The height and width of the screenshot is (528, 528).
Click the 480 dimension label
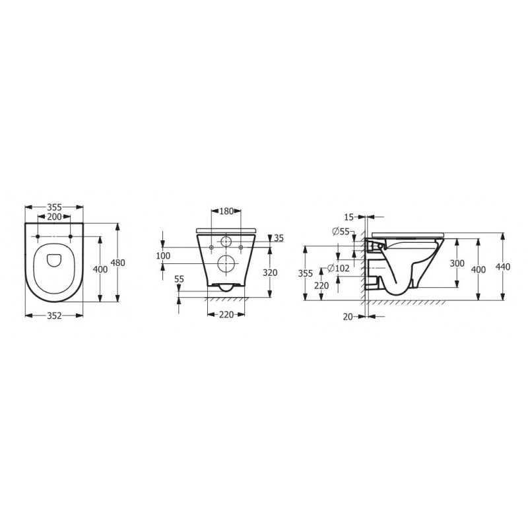click(x=117, y=262)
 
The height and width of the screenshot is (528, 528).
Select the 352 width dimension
click(x=54, y=315)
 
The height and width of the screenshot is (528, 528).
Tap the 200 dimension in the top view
click(x=54, y=217)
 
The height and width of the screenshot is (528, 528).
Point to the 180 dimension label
click(x=226, y=212)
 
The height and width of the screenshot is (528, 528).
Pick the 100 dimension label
click(x=162, y=255)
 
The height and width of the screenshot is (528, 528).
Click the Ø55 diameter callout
click(x=341, y=231)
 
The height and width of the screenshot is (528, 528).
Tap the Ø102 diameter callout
click(x=339, y=268)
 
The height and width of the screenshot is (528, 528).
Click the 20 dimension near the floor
click(x=348, y=316)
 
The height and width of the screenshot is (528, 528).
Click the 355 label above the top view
click(x=54, y=207)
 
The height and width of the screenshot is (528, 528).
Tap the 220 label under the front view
click(x=226, y=315)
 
